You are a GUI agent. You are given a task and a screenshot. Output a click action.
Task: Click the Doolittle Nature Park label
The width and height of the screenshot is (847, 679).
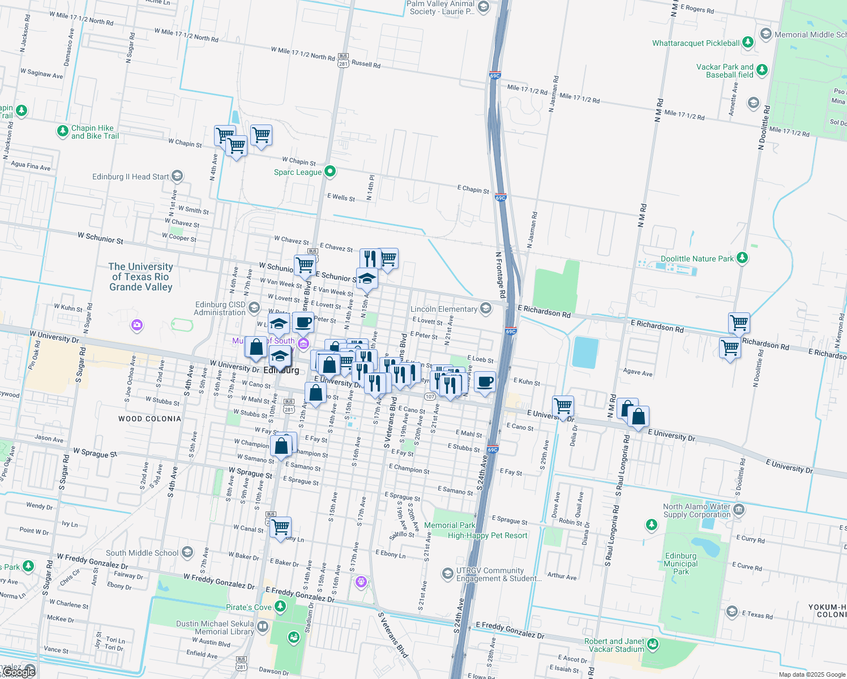click(697, 259)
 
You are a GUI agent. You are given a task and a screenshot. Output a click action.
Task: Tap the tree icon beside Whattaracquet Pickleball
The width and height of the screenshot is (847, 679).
click(748, 42)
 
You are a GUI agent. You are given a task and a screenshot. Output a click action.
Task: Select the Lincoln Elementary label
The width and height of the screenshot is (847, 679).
click(444, 309)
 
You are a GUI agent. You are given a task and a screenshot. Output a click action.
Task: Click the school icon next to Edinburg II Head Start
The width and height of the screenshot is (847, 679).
click(177, 177)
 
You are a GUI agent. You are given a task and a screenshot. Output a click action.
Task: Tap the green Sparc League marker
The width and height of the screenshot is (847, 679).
click(330, 171)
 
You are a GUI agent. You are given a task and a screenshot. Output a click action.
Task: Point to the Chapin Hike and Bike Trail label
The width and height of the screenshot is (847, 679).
click(95, 132)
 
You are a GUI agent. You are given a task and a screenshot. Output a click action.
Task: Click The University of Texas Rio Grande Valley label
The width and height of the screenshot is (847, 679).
click(140, 277)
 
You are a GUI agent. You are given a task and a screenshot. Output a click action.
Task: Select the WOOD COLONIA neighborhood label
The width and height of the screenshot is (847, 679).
click(149, 419)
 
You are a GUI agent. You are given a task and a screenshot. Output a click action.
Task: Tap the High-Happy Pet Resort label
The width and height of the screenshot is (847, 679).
click(487, 535)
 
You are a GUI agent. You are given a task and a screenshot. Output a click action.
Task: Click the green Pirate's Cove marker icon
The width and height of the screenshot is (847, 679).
click(280, 607)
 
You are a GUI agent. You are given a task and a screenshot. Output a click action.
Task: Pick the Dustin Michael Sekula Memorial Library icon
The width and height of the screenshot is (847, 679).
click(263, 626)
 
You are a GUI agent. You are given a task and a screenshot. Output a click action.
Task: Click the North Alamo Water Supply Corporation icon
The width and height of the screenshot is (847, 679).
click(739, 510)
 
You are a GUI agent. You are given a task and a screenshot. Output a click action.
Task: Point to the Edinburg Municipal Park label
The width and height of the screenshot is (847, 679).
click(681, 564)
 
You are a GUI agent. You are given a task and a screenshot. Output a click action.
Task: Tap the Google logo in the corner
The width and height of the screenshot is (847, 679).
click(18, 672)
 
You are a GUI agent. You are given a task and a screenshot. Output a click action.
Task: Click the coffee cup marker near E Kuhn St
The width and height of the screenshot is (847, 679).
click(485, 383)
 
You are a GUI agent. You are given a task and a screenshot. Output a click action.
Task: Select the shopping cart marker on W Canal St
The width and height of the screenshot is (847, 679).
click(281, 527)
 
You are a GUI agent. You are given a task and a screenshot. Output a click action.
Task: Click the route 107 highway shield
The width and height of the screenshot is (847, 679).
click(430, 397)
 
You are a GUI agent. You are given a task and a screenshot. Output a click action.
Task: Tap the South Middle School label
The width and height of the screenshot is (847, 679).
click(142, 553)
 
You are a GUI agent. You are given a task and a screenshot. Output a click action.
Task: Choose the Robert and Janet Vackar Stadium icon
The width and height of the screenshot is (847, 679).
click(653, 644)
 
